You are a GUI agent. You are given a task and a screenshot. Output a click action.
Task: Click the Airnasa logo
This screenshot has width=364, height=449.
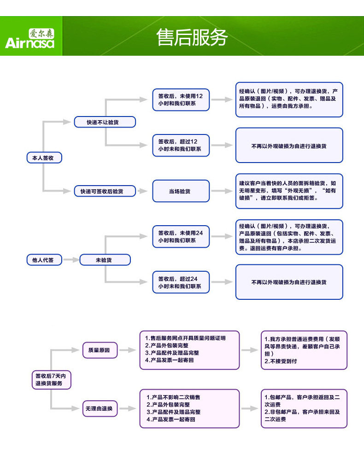coord(30,39)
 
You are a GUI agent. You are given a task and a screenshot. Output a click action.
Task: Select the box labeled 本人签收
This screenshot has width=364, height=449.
coord(44,158)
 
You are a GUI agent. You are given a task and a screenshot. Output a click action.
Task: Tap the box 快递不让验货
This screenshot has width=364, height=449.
coord(105,122)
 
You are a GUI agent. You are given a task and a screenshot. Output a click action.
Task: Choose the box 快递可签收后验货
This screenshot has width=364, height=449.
coord(105,191)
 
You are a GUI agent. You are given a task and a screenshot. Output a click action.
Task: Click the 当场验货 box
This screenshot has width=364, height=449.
coord(181,191)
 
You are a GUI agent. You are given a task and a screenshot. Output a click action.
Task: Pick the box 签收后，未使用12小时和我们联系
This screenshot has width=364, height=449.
coord(181,99)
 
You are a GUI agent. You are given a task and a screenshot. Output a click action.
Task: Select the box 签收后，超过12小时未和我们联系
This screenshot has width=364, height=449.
coord(181,146)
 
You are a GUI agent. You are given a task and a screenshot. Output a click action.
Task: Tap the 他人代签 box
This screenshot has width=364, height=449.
coord(44,260)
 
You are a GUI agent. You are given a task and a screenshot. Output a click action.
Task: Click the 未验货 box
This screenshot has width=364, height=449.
coord(105,260)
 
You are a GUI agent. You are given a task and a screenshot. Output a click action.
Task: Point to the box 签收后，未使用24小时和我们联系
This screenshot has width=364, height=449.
coord(181,237)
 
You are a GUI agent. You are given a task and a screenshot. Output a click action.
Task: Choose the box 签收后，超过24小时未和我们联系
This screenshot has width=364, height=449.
coord(181,283)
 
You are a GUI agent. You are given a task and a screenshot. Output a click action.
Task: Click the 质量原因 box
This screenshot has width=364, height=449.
coord(100,350)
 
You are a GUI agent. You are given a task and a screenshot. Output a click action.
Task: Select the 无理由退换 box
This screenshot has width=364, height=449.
coord(100,408)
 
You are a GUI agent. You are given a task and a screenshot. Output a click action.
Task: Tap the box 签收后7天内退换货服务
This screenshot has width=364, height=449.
coord(50,379)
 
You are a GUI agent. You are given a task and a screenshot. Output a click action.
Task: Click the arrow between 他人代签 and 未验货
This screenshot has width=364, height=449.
coord(70,260)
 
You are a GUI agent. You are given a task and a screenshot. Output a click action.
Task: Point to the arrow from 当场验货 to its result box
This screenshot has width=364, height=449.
coord(222,191)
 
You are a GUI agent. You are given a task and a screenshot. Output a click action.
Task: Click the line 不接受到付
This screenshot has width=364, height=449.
coord(281,362)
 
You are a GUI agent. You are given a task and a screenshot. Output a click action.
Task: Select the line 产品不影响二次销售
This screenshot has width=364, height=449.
coord(176,397)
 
